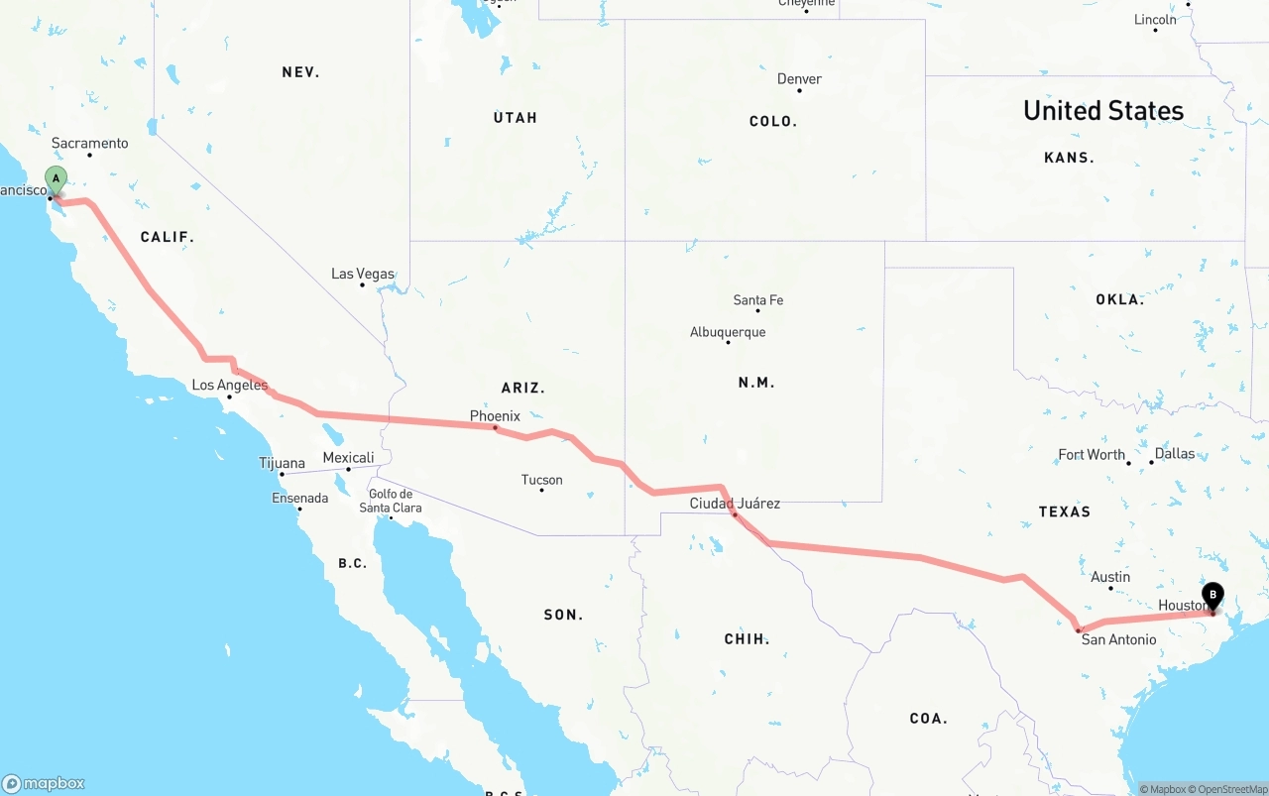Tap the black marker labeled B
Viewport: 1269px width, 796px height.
point(1211,596)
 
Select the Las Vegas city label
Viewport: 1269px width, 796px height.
point(362,275)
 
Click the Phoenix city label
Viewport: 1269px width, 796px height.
point(495,416)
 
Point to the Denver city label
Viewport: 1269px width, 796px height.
point(799,79)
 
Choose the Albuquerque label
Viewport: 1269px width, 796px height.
point(728,332)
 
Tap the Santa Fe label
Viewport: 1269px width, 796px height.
point(758,300)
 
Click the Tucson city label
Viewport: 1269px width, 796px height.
point(541,480)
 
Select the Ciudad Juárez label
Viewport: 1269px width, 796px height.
point(735,504)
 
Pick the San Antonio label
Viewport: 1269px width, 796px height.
point(1118,639)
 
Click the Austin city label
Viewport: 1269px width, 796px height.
point(1110,577)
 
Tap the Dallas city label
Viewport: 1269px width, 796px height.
point(1175,454)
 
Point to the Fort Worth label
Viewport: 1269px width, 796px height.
point(1092,455)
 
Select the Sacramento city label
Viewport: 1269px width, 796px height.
point(89,144)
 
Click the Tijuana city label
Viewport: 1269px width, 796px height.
point(282,463)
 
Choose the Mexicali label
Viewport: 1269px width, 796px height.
point(348,458)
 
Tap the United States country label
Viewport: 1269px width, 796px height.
point(1103,110)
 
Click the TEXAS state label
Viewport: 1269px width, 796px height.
point(1065,512)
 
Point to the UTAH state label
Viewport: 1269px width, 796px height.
point(516,118)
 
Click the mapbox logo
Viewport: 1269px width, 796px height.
point(44,783)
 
